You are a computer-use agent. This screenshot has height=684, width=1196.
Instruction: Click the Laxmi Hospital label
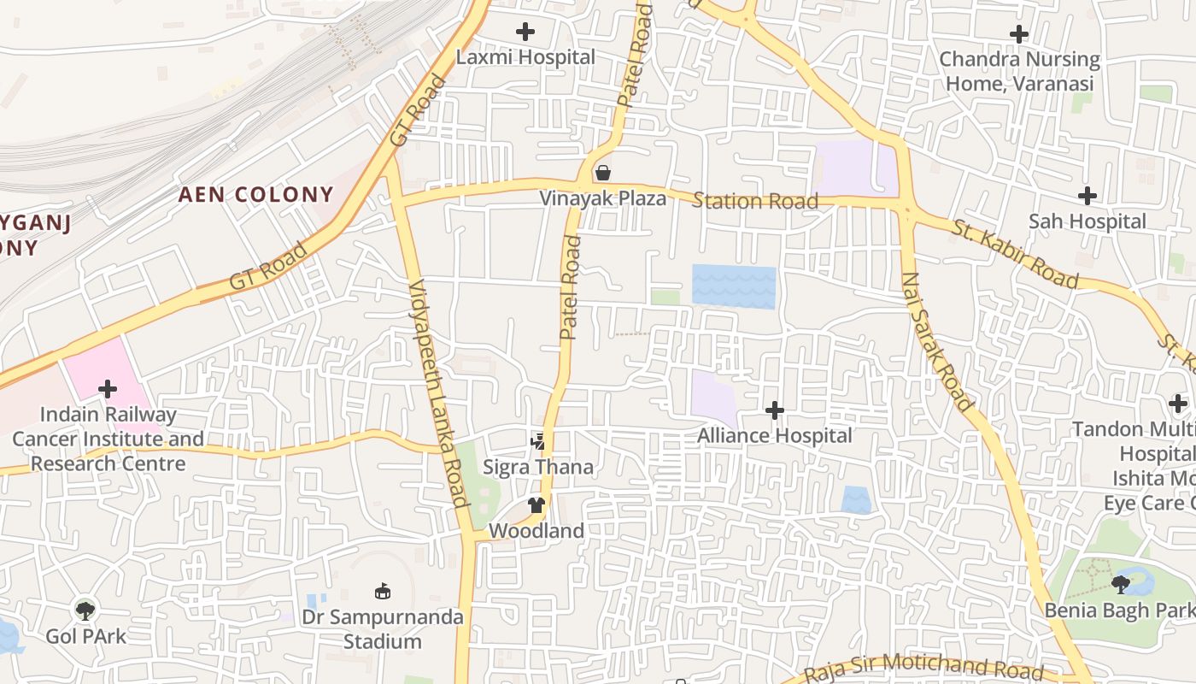[525, 57]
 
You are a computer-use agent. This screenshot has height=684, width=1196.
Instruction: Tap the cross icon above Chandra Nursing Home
[1018, 34]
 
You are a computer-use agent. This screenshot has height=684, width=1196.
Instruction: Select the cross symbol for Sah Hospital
[1087, 196]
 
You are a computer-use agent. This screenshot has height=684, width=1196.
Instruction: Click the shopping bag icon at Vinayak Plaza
[603, 174]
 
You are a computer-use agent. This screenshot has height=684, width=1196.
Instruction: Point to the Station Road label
[754, 202]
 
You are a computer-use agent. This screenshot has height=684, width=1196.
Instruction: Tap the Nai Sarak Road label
[936, 342]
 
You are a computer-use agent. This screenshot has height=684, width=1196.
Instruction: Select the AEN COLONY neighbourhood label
[255, 195]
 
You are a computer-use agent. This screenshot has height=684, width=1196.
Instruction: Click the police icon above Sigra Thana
[537, 442]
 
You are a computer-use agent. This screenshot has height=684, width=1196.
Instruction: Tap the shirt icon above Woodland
[536, 505]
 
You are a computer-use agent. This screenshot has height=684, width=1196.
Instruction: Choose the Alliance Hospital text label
[774, 435]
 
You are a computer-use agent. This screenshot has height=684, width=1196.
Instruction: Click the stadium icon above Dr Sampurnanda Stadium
[383, 591]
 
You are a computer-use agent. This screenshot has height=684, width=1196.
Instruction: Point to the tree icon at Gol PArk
[85, 610]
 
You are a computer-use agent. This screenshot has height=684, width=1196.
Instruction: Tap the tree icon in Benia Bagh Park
[1121, 585]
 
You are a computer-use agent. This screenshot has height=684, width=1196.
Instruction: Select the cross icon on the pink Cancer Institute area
[108, 390]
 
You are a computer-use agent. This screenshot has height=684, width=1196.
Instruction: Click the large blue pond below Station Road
[734, 286]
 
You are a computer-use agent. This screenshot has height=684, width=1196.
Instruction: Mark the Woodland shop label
[536, 531]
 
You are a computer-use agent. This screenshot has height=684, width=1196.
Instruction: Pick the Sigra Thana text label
[537, 468]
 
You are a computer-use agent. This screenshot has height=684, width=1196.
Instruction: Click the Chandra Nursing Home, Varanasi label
[1019, 71]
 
